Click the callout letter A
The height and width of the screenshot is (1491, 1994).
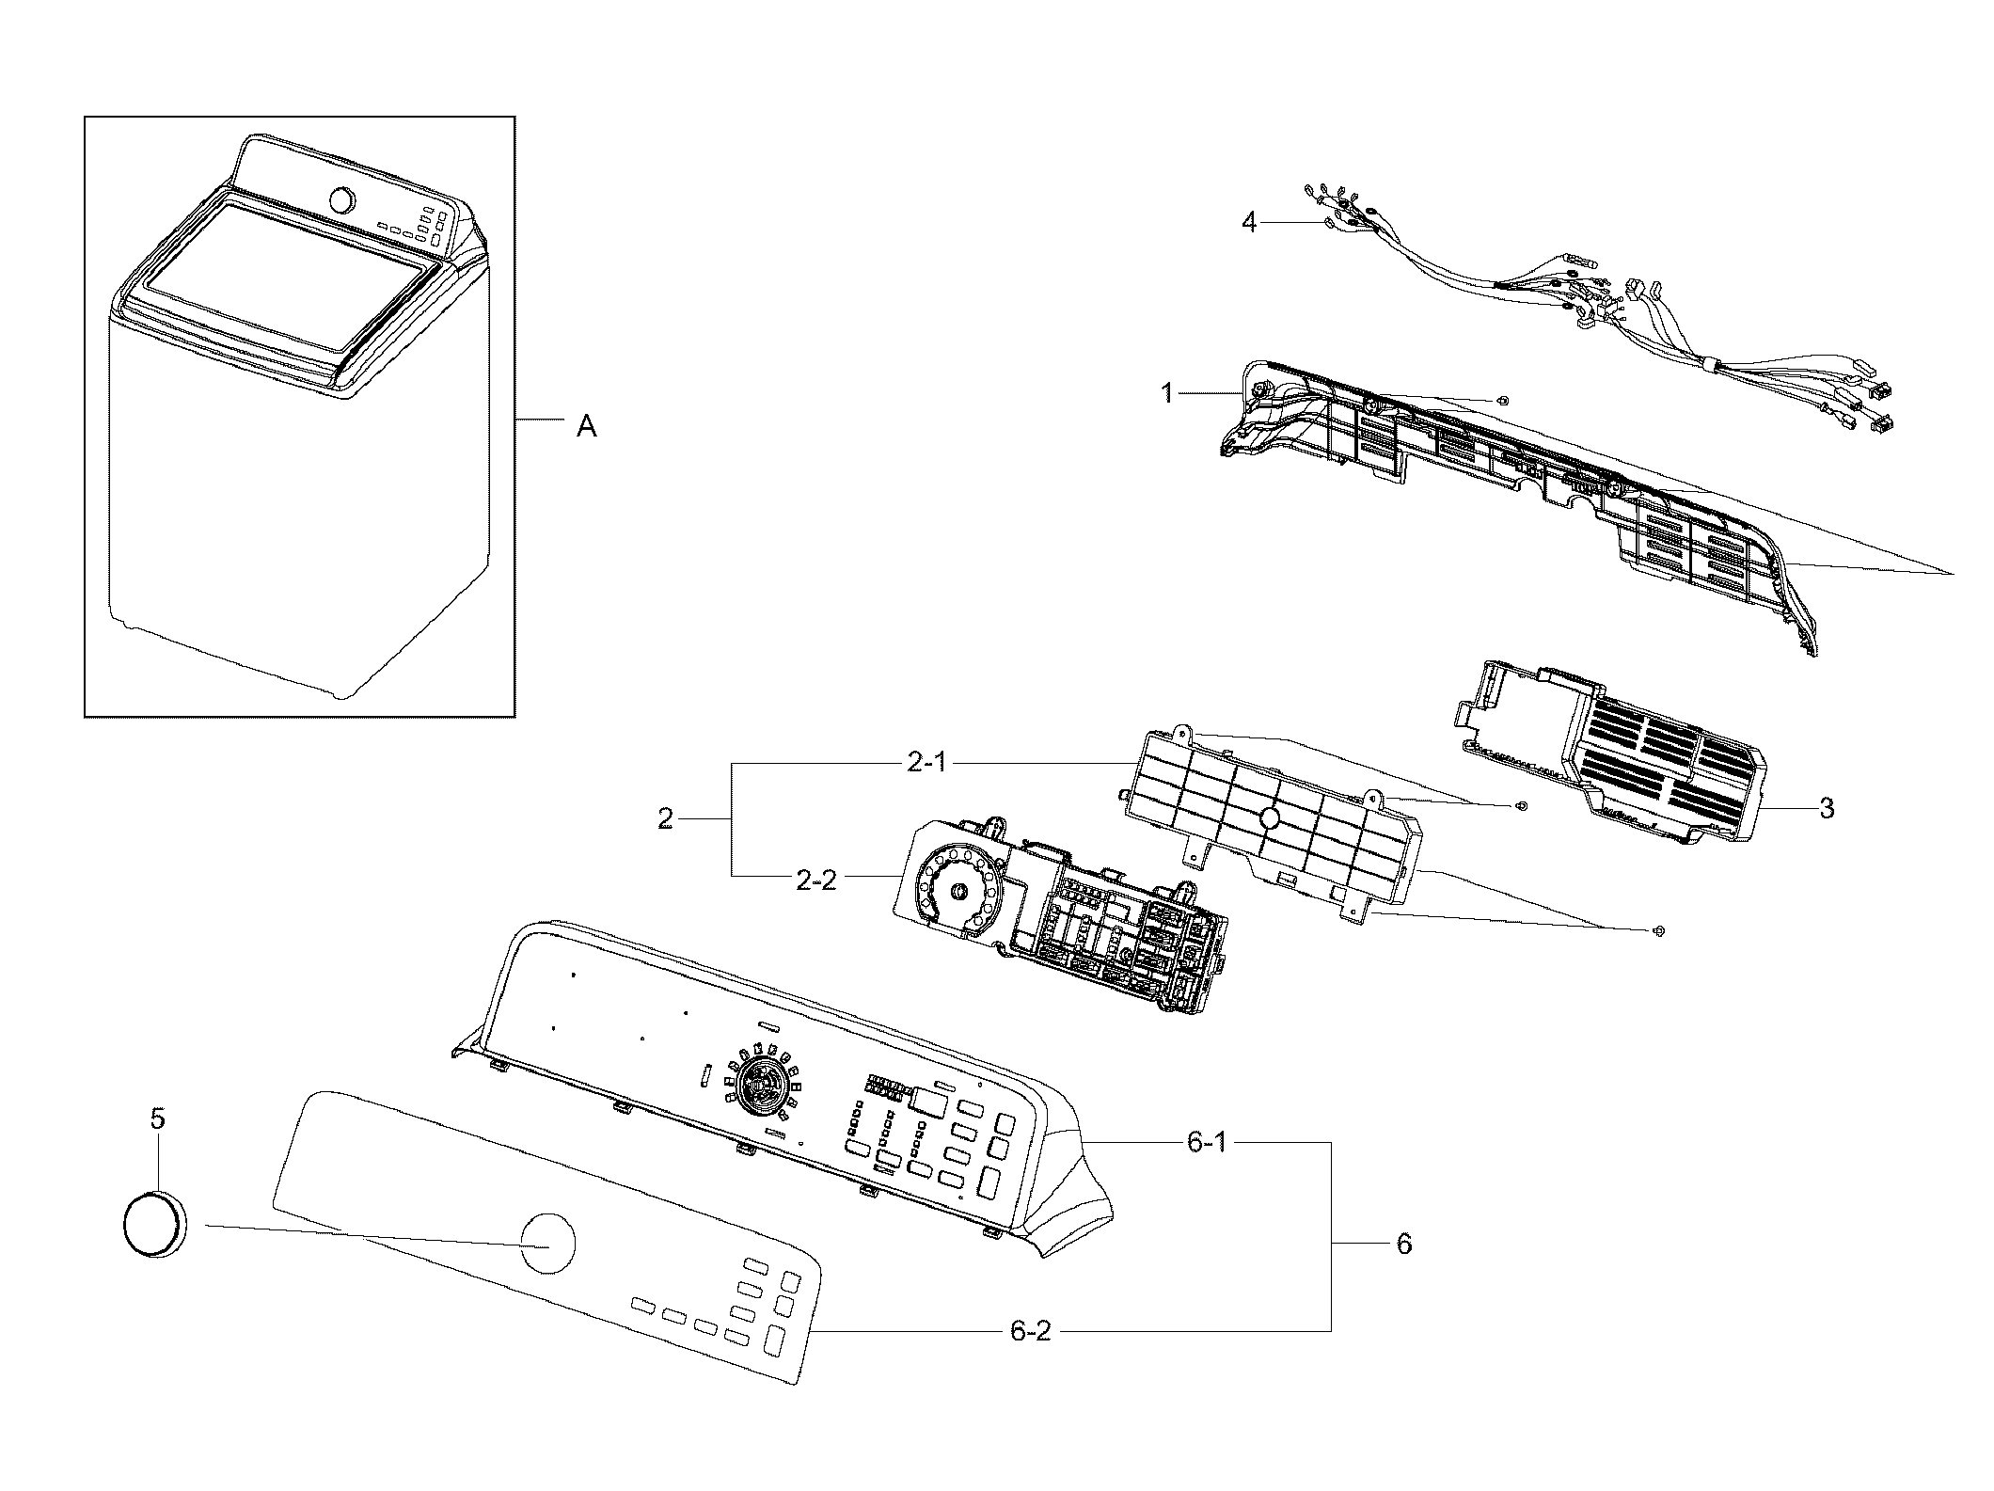[586, 427]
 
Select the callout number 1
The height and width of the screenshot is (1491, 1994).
[1167, 393]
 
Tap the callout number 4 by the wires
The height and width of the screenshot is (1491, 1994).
[1249, 223]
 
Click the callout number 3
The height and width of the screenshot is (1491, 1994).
[1826, 808]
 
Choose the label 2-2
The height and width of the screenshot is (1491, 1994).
[815, 881]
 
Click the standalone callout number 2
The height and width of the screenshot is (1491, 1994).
[666, 819]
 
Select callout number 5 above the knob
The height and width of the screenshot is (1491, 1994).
[157, 1118]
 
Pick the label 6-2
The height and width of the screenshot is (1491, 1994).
[1030, 1332]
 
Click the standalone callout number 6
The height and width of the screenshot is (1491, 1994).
[1402, 1245]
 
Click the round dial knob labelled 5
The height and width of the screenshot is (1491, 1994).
[155, 1221]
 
